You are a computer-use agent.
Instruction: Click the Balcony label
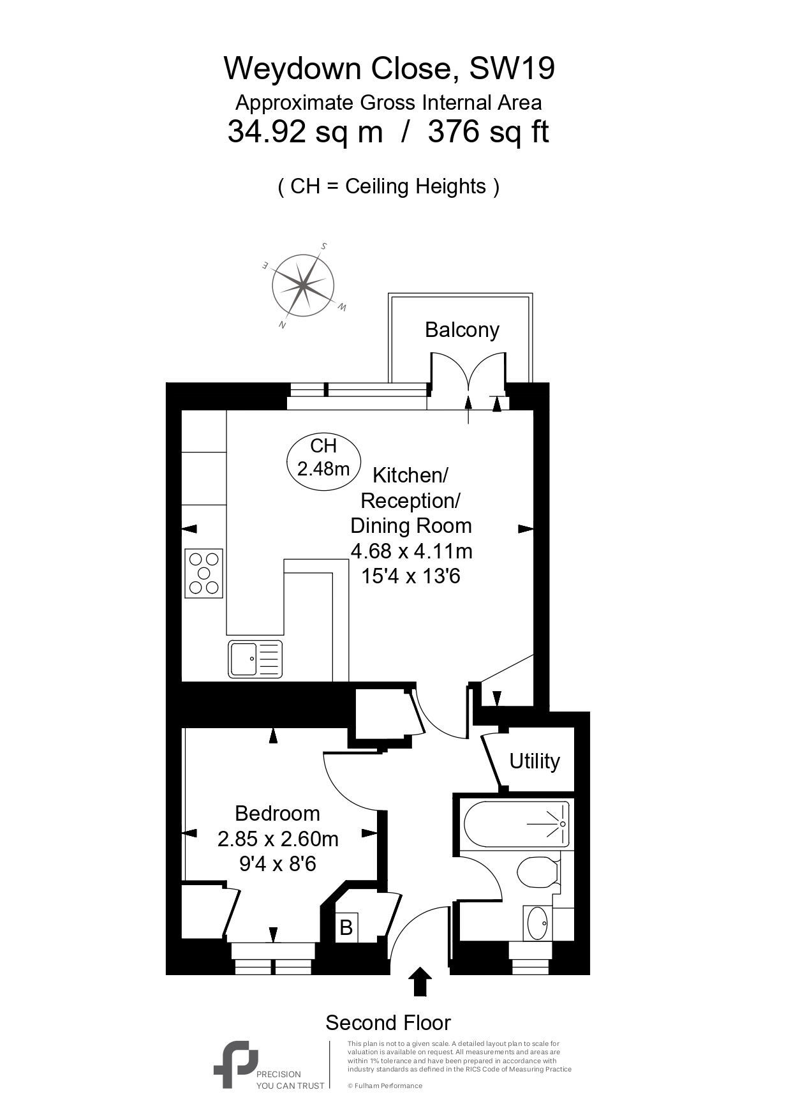pyautogui.click(x=462, y=330)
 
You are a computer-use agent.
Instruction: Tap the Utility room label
pyautogui.click(x=535, y=761)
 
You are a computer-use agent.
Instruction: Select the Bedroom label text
pyautogui.click(x=277, y=813)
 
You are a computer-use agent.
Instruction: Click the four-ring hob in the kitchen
pyautogui.click(x=204, y=573)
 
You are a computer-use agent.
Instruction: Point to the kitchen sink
pyautogui.click(x=255, y=659)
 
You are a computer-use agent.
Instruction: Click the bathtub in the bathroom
pyautogui.click(x=516, y=824)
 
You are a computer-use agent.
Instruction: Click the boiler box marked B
pyautogui.click(x=346, y=927)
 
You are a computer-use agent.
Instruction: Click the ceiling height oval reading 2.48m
pyautogui.click(x=324, y=458)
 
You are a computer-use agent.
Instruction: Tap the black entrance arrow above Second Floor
pyautogui.click(x=419, y=982)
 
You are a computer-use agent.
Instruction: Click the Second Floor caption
pyautogui.click(x=388, y=1023)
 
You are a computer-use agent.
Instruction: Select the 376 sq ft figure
pyautogui.click(x=488, y=133)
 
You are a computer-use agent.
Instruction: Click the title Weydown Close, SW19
pyautogui.click(x=389, y=68)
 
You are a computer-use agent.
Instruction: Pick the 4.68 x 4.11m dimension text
pyautogui.click(x=411, y=551)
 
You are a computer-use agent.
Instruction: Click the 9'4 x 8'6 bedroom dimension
pyautogui.click(x=277, y=864)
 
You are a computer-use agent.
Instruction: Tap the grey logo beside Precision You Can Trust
pyautogui.click(x=235, y=1064)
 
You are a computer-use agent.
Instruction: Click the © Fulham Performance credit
pyautogui.click(x=385, y=1086)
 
